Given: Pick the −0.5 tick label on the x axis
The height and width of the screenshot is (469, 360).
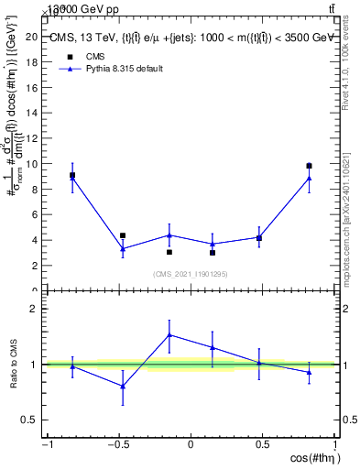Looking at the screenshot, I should pyautogui.click(x=118, y=445).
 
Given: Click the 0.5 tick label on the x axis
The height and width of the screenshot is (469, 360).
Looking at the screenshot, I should pyautogui.click(x=263, y=445).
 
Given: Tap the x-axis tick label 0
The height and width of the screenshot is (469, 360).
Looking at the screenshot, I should pyautogui.click(x=191, y=445).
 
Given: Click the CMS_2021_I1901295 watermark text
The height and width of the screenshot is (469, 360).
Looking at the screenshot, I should pyautogui.click(x=190, y=273).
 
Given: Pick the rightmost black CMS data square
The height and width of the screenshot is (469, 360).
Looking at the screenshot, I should pyautogui.click(x=309, y=166).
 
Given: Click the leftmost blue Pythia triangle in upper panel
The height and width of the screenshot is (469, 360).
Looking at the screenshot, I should pyautogui.click(x=72, y=178).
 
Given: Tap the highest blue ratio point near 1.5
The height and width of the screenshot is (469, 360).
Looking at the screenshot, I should pyautogui.click(x=169, y=334).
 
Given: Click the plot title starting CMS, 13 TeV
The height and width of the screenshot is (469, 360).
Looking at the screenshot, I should pyautogui.click(x=191, y=38).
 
